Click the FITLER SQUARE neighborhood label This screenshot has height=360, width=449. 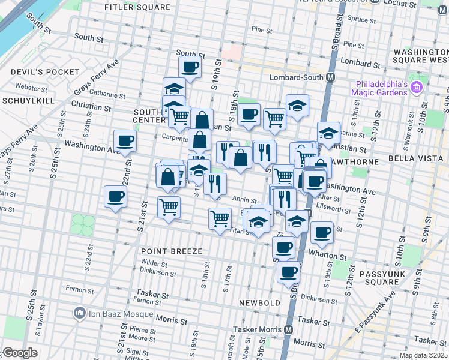(x=137, y=8)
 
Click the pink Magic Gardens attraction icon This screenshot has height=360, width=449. (x=417, y=88)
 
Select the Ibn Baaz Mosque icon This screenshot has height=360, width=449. (x=79, y=313)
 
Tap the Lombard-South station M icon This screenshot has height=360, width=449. (x=330, y=77)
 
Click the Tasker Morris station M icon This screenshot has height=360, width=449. (x=289, y=329)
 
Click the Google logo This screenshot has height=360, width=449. (x=20, y=353)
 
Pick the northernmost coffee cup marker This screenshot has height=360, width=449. (x=190, y=67)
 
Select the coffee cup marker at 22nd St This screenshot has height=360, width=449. (x=125, y=142)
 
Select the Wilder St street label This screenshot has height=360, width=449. (x=154, y=263)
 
